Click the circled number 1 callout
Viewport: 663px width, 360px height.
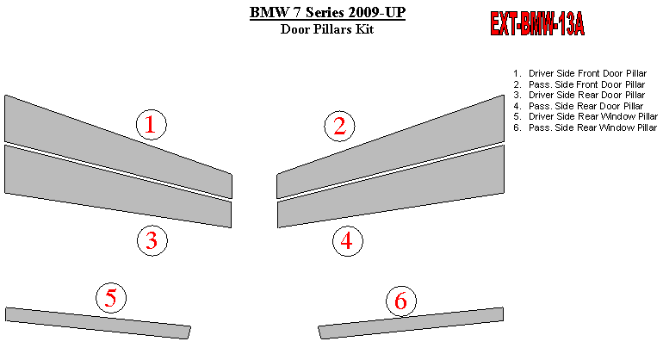[x=152, y=125]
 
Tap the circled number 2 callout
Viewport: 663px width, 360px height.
[x=339, y=126]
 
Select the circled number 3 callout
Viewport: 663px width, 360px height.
[x=152, y=240]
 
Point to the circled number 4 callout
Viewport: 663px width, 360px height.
[x=348, y=240]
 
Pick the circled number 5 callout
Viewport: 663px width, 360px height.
[x=111, y=298]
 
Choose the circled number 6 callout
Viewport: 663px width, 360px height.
[x=401, y=301]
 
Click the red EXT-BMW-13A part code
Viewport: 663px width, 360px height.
[x=537, y=23]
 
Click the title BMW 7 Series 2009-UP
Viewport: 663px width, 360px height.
[x=327, y=12]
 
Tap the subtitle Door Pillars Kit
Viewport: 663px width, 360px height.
[x=327, y=29]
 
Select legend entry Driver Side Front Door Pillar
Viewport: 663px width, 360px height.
[x=587, y=73]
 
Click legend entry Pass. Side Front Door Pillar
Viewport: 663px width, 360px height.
[x=586, y=84]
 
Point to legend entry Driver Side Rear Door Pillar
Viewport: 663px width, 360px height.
[x=586, y=95]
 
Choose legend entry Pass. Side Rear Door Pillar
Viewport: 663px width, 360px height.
[x=586, y=106]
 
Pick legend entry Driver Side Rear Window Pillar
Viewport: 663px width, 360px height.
[x=592, y=116]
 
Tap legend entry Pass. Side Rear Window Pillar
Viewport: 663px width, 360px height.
[x=592, y=127]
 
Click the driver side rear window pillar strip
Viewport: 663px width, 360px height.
[x=97, y=323]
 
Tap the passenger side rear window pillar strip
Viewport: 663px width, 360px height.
[x=411, y=323]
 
